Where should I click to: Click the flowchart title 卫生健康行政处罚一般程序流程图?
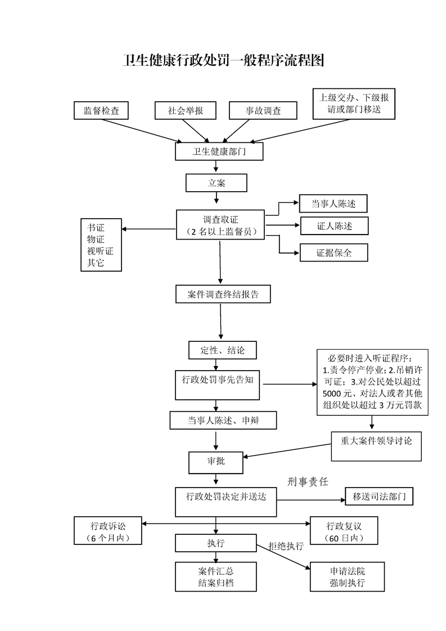click(x=223, y=60)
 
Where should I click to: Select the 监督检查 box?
click(x=101, y=111)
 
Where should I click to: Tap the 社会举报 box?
click(x=186, y=111)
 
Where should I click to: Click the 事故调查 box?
click(x=263, y=111)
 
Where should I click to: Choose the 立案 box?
click(x=216, y=182)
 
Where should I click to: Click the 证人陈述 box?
click(x=334, y=226)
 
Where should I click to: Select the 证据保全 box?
click(x=334, y=253)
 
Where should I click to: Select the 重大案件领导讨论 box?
click(x=376, y=442)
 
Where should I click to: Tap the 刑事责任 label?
click(x=307, y=481)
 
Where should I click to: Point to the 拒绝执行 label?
click(x=286, y=546)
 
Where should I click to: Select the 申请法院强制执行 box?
click(x=348, y=576)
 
